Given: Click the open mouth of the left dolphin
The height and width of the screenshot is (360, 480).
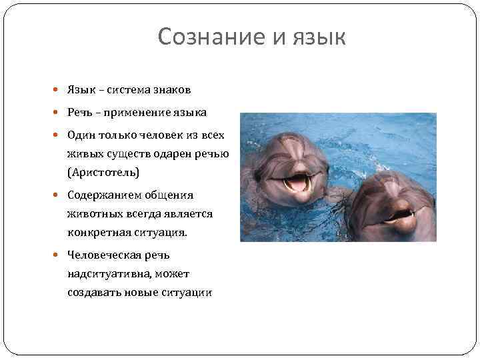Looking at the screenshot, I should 297,183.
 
